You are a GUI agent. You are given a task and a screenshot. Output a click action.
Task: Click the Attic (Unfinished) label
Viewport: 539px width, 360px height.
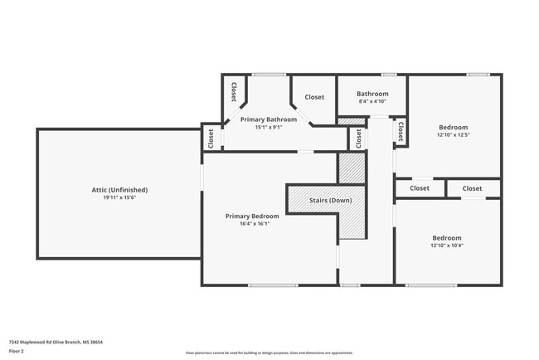(119, 190)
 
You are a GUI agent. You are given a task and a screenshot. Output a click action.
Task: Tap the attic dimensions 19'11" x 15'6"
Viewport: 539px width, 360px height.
(119, 197)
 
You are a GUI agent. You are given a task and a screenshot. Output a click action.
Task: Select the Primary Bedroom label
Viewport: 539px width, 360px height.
(252, 216)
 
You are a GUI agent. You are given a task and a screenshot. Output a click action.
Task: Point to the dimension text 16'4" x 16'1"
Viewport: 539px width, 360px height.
(252, 223)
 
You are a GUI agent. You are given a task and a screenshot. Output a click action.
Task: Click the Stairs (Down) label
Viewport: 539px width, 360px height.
(329, 201)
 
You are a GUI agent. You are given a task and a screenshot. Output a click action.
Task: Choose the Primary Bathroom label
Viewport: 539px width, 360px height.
(269, 119)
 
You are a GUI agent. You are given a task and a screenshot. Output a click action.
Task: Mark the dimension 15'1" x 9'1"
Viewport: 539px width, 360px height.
(269, 127)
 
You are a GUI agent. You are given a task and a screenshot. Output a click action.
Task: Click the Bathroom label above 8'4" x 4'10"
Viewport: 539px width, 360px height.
(372, 94)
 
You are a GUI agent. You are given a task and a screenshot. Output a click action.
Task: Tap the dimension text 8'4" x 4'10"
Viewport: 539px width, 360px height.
(372, 101)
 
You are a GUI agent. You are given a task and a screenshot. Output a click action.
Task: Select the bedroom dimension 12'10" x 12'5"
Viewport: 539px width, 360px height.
(453, 134)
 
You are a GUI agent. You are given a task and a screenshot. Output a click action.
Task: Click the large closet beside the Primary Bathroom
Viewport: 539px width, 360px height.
(314, 97)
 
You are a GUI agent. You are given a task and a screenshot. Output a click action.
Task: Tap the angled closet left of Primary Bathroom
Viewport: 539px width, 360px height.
(234, 91)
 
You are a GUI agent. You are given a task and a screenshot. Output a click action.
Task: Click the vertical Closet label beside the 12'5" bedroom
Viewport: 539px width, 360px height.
(400, 130)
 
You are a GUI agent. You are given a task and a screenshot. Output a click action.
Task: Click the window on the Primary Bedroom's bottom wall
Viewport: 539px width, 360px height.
(273, 285)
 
